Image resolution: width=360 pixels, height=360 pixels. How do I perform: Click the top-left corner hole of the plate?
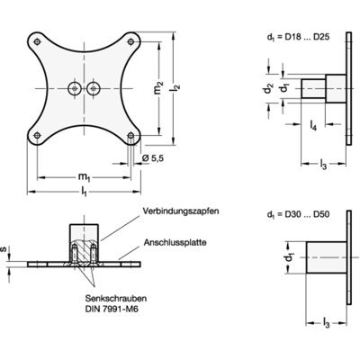pos(36,40)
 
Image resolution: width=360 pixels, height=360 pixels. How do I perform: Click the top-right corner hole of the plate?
pos(133,40)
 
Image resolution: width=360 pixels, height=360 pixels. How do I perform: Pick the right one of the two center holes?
pos(94,88)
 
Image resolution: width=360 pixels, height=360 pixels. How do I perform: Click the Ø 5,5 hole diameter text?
pos(153,159)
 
